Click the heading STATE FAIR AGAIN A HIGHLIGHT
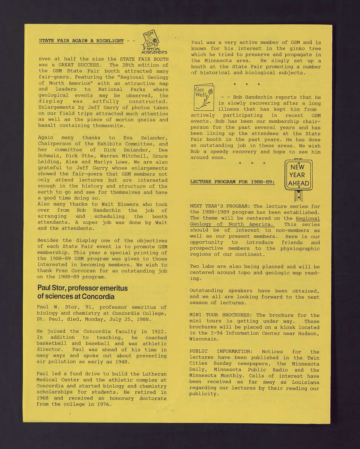pos(81,41)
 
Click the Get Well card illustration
pos(204,96)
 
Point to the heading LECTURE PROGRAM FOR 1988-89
pos(232,182)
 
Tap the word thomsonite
pos(108,126)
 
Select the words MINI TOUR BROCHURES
pos(221,315)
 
